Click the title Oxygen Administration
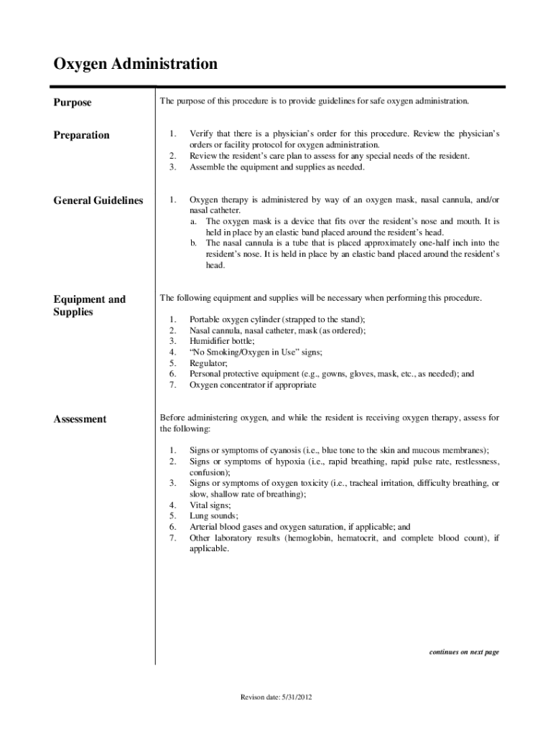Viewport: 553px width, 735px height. tap(136, 65)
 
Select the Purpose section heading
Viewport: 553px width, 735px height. tap(73, 103)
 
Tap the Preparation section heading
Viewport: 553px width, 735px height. tap(82, 135)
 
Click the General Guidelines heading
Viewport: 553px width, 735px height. tap(98, 201)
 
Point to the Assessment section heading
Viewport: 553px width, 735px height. tap(80, 419)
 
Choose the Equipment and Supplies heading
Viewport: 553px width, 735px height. tap(90, 306)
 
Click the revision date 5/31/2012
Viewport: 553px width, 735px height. tap(276, 697)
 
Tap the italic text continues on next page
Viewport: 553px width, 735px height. tap(464, 652)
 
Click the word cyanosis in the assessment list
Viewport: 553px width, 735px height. tap(287, 450)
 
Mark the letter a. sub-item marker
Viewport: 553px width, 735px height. tap(194, 222)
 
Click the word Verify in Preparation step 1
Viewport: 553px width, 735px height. tap(201, 134)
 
